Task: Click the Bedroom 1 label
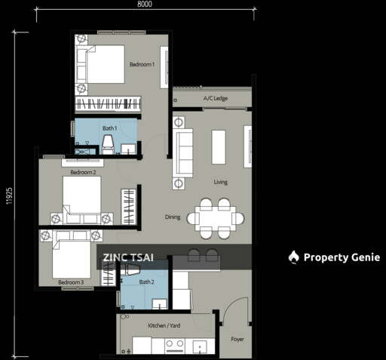(142, 64)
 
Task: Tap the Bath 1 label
(109, 128)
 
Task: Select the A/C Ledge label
(216, 98)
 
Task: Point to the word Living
(221, 182)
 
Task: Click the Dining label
(173, 217)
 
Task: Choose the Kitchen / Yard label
(164, 325)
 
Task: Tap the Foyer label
(237, 340)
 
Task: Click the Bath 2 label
(146, 282)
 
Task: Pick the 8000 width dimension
(145, 4)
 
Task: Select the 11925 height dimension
(9, 196)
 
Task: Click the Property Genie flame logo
(293, 257)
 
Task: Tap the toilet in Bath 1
(108, 144)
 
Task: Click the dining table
(216, 218)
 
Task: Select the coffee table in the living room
(219, 147)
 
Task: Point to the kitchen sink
(200, 347)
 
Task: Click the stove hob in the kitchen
(175, 346)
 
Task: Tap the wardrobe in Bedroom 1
(108, 104)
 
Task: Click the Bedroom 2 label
(83, 172)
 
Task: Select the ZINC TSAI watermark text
(128, 257)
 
